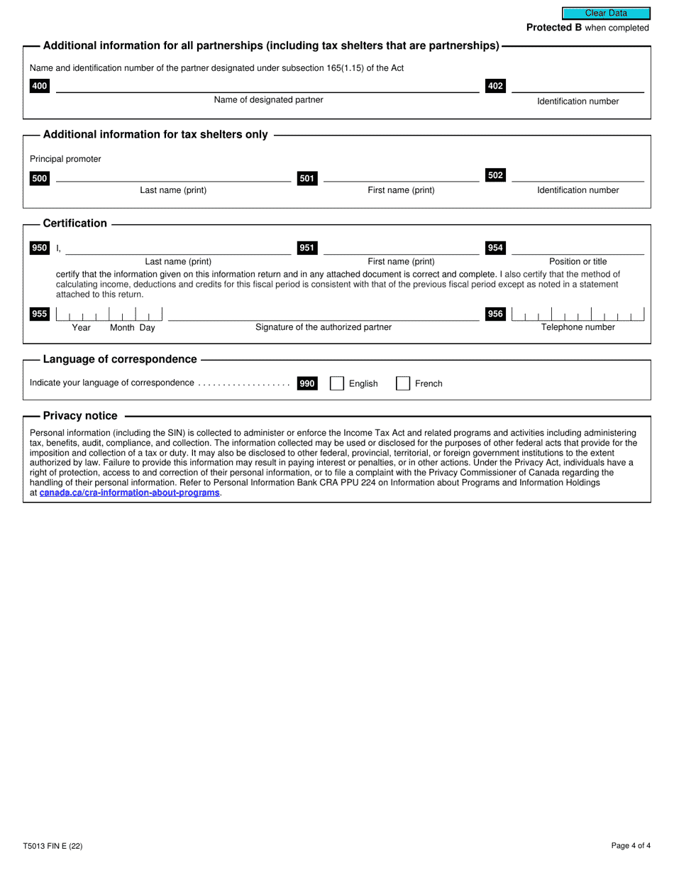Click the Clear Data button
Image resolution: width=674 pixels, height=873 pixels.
(x=606, y=13)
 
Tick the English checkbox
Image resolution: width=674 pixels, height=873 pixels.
(x=337, y=383)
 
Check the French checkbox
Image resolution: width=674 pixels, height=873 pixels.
(x=402, y=383)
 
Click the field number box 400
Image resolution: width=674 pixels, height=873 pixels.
(x=40, y=87)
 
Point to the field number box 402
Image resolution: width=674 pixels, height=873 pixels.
(x=495, y=87)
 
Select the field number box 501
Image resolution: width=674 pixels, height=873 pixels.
(x=307, y=179)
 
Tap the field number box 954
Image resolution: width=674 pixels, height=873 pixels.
(x=495, y=248)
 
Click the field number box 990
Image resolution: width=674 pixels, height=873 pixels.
(x=307, y=383)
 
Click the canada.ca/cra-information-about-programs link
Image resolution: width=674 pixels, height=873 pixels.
(x=130, y=493)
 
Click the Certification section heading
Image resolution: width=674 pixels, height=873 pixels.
(x=75, y=224)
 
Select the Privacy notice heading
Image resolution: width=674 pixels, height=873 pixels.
(x=80, y=416)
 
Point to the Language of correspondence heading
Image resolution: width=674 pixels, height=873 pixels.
(x=120, y=359)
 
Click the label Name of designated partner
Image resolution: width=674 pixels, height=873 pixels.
(x=268, y=100)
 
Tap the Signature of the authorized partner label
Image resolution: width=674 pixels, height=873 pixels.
(x=323, y=327)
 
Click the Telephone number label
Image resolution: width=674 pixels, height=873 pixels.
(x=578, y=327)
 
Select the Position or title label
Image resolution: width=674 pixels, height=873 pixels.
(x=578, y=261)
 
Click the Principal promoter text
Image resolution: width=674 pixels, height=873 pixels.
(x=65, y=159)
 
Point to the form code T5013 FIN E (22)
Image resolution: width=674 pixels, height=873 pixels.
(x=57, y=846)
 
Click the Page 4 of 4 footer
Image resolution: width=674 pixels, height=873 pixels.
(x=630, y=846)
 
